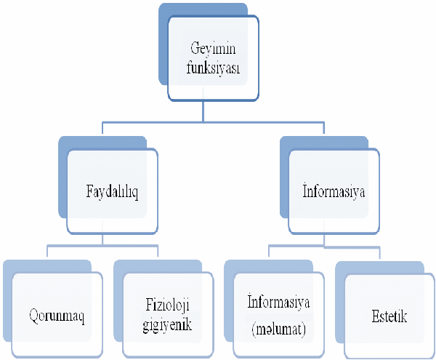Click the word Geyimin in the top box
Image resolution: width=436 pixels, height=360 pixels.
(x=213, y=49)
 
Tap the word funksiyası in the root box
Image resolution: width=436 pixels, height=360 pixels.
(x=213, y=68)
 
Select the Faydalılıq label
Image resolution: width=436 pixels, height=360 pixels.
(x=112, y=192)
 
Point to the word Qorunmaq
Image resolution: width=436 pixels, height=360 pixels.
(x=57, y=316)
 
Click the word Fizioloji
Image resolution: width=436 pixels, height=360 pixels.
(x=167, y=305)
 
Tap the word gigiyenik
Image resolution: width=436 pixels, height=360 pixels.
(x=167, y=324)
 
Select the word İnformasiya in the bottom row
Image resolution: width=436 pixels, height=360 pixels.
(x=278, y=302)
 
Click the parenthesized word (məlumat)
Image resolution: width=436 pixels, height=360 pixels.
(x=278, y=329)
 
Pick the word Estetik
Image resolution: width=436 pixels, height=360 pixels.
(x=389, y=316)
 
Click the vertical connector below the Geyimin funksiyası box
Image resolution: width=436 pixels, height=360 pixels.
(x=203, y=111)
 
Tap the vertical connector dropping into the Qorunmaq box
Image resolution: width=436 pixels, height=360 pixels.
(x=47, y=251)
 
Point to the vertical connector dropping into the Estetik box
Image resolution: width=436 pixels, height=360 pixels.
(x=380, y=253)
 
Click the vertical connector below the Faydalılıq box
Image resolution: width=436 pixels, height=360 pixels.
(x=102, y=239)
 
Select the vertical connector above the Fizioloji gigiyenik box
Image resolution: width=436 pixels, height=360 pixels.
(x=158, y=251)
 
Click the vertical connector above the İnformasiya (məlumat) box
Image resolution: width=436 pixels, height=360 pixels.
(x=269, y=251)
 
